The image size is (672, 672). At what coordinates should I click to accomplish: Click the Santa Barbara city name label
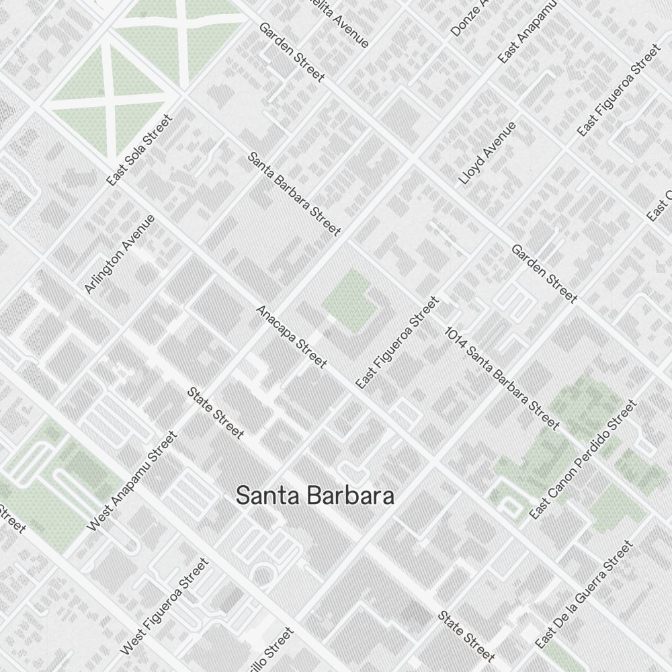(314, 497)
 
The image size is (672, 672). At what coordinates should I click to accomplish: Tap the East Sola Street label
(140, 150)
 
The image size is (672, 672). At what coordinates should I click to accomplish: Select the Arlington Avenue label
(120, 254)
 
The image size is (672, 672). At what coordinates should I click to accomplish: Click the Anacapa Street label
(291, 337)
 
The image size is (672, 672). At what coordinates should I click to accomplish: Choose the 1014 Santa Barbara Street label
(501, 378)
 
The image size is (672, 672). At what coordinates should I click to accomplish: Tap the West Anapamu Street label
(132, 481)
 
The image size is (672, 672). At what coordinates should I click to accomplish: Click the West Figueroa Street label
(165, 606)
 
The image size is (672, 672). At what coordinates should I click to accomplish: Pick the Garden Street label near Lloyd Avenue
(544, 273)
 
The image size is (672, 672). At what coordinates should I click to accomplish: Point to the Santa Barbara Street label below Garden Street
(294, 194)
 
